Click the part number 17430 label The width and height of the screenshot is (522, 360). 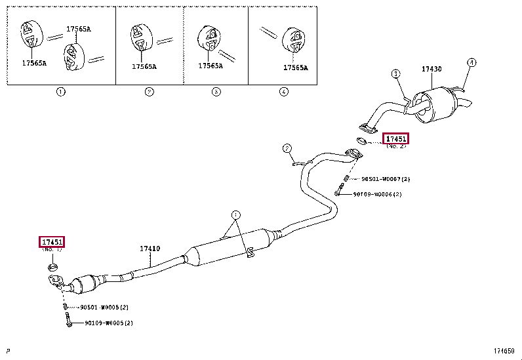click(431, 69)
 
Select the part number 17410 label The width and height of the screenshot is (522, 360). click(150, 249)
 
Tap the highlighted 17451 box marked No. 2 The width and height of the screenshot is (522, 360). click(396, 138)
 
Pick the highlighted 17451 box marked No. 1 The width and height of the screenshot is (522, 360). click(52, 242)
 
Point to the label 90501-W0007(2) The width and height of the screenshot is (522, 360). click(386, 179)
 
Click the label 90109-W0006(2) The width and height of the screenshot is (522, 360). click(376, 194)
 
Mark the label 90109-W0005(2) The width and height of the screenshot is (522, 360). click(108, 323)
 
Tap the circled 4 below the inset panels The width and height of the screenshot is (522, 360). click(283, 92)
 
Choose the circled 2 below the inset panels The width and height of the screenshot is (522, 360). click(149, 92)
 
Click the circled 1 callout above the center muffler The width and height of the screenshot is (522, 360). click(235, 214)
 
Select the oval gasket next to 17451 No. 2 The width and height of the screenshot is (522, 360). click(361, 140)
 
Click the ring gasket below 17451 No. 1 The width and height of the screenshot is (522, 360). click(52, 267)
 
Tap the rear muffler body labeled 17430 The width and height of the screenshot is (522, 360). click(436, 105)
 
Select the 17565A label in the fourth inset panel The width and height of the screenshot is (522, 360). click(295, 68)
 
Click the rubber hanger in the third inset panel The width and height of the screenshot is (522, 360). click(208, 39)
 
